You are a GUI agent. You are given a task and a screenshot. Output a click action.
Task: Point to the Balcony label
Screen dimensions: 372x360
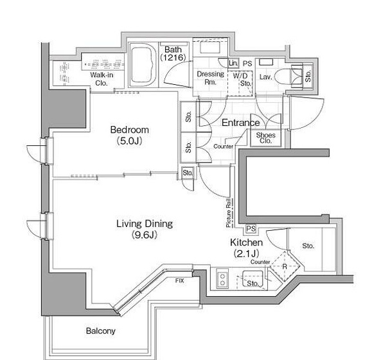coord(101,331)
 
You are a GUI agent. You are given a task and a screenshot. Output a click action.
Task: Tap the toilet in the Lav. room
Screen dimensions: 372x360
coord(285,76)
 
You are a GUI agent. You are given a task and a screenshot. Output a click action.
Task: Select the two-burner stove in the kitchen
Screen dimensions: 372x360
coord(222,280)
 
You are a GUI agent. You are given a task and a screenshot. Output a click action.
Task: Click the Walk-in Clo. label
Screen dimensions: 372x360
coord(102,79)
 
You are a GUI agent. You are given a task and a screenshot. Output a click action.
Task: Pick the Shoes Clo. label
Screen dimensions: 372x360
coord(265,138)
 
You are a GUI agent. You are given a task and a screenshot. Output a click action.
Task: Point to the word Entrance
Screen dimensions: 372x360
coord(240,123)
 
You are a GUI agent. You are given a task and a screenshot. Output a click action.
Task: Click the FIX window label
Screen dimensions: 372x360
coord(180,281)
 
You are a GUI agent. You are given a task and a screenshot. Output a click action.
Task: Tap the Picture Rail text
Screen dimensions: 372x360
coord(229,213)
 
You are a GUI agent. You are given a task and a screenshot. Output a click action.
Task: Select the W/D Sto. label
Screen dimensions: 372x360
coord(242,80)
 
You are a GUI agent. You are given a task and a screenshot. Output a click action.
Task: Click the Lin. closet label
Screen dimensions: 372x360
coord(233,63)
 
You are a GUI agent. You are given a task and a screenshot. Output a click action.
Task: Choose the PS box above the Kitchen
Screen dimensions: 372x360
coord(251,229)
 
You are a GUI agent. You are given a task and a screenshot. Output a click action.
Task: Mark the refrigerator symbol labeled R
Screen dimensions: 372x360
coord(285,267)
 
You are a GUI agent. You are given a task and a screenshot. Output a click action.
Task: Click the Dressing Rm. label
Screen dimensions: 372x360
coord(211,78)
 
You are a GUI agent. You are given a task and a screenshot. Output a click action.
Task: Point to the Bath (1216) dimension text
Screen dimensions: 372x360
coord(173,53)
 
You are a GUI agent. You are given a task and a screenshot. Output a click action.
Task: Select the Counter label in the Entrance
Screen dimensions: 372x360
coord(223,147)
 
